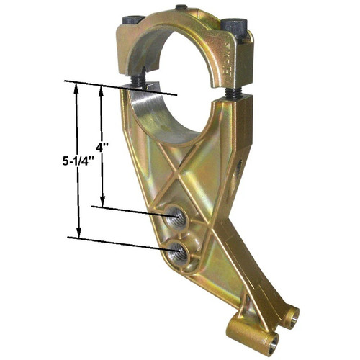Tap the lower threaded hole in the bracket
[x=180, y=251]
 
